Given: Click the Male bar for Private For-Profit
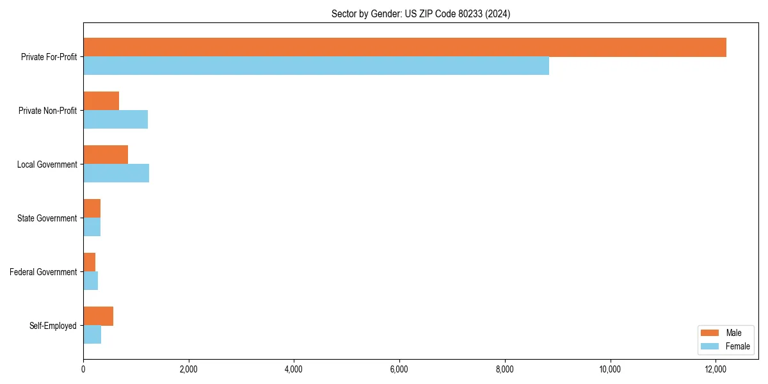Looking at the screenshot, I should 404,47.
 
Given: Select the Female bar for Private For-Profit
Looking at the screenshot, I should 316,66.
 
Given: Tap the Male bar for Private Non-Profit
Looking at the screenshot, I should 101,101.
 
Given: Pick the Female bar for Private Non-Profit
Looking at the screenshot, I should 115,120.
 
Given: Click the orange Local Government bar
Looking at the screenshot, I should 106,155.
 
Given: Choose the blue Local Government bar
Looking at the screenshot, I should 116,173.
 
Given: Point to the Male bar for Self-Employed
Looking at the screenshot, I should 98,316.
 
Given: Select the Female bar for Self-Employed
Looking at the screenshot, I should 92,335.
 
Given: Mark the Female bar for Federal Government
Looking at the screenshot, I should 90,281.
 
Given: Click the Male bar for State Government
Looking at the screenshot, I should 92,209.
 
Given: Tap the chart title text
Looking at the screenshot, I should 420,13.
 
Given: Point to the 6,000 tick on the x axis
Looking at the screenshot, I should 399,369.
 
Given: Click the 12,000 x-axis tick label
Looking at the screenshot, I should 716,369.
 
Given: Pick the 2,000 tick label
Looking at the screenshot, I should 188,369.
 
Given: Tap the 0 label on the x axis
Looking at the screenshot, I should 83,369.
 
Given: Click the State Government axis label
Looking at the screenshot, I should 47,218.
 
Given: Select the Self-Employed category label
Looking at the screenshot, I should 52,326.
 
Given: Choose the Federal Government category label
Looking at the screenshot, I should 43,272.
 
